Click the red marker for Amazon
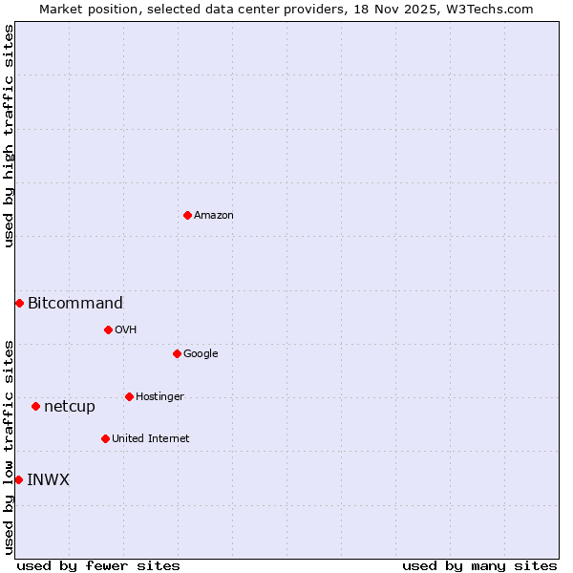click(x=187, y=215)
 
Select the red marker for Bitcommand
click(x=19, y=303)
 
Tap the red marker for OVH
click(x=108, y=329)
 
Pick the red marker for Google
click(x=177, y=353)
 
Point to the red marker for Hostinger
click(x=129, y=396)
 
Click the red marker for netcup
click(x=35, y=406)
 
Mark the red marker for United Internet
click(x=105, y=438)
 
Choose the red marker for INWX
click(x=18, y=479)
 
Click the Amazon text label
click(x=214, y=216)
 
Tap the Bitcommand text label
click(x=75, y=304)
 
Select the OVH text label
click(x=126, y=330)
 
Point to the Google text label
click(x=201, y=354)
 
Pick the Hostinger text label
click(x=159, y=397)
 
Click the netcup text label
click(x=70, y=407)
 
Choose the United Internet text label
click(x=151, y=439)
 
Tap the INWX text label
click(x=49, y=480)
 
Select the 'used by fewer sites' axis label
click(x=98, y=565)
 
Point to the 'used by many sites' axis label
click(x=479, y=565)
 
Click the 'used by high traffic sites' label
click(x=9, y=136)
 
